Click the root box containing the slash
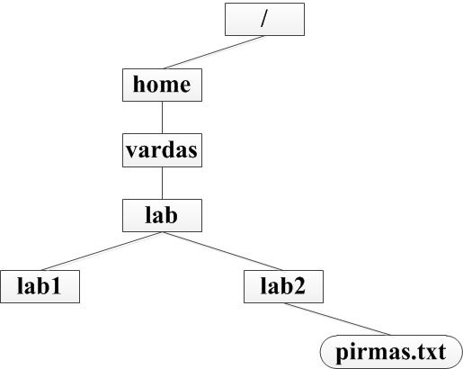tap(264, 20)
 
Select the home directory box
tap(162, 85)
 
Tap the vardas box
tap(162, 150)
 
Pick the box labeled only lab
tap(162, 215)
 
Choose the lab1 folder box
tap(40, 286)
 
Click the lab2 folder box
tap(283, 286)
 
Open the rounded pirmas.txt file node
tap(391, 352)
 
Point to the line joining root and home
tap(214, 52)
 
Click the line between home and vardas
tap(162, 117)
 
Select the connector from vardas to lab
tap(162, 183)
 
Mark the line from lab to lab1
tap(102, 251)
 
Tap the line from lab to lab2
tap(222, 251)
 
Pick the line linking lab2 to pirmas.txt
tap(337, 319)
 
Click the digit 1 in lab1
tap(55, 285)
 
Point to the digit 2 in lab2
tap(299, 285)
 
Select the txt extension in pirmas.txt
tap(431, 352)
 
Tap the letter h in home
tap(139, 84)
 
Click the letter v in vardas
tap(133, 151)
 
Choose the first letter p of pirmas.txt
tap(343, 354)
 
